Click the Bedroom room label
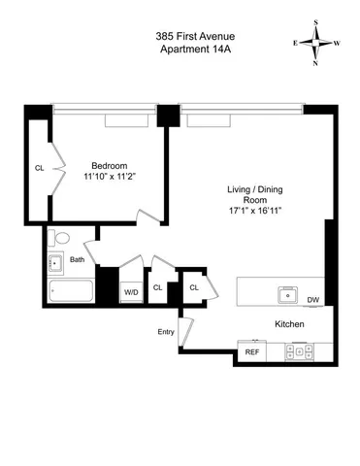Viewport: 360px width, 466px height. (112, 164)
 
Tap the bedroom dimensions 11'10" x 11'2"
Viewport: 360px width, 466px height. (112, 177)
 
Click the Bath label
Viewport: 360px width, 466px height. (77, 259)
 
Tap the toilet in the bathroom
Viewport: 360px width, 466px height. (60, 238)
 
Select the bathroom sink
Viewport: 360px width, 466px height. (56, 261)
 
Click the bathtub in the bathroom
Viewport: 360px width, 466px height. (70, 291)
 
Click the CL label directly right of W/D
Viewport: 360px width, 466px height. (158, 286)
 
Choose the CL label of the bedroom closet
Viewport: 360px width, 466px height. (40, 168)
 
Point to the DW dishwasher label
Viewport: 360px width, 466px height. (312, 300)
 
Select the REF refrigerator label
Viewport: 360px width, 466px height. (252, 351)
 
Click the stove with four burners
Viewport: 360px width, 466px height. (299, 351)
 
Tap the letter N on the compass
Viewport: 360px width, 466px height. (316, 63)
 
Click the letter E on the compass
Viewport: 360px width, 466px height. (295, 43)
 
